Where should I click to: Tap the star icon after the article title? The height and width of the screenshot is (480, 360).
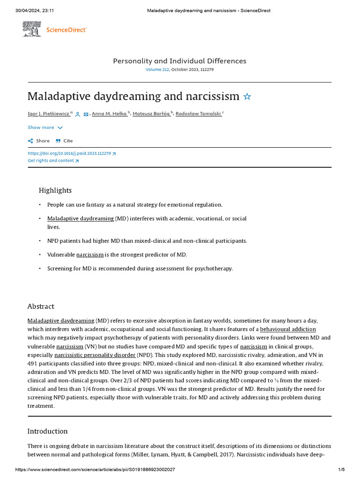pyautogui.click(x=247, y=97)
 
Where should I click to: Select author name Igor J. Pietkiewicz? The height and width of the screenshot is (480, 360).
pyautogui.click(x=49, y=113)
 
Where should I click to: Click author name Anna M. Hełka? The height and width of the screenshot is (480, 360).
pyautogui.click(x=109, y=113)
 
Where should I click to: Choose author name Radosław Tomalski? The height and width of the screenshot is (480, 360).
pyautogui.click(x=198, y=113)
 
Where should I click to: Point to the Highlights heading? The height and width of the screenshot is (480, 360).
pyautogui.click(x=55, y=190)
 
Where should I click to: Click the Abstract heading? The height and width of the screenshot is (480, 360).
pyautogui.click(x=41, y=306)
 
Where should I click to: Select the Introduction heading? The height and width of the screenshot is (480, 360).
pyautogui.click(x=47, y=431)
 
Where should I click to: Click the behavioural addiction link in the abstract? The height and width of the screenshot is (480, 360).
pyautogui.click(x=288, y=329)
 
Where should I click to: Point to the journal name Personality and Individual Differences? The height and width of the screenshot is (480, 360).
pyautogui.click(x=180, y=61)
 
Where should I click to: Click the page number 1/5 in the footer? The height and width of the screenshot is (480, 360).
pyautogui.click(x=341, y=470)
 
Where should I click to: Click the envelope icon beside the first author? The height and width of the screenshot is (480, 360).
pyautogui.click(x=86, y=114)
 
